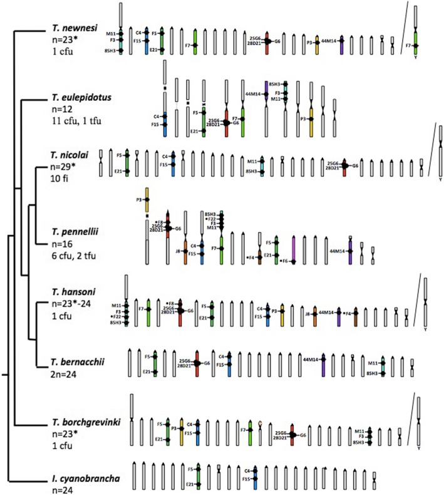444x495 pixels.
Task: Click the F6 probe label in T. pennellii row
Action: [284, 261]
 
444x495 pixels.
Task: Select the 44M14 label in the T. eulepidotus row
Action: [253, 93]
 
